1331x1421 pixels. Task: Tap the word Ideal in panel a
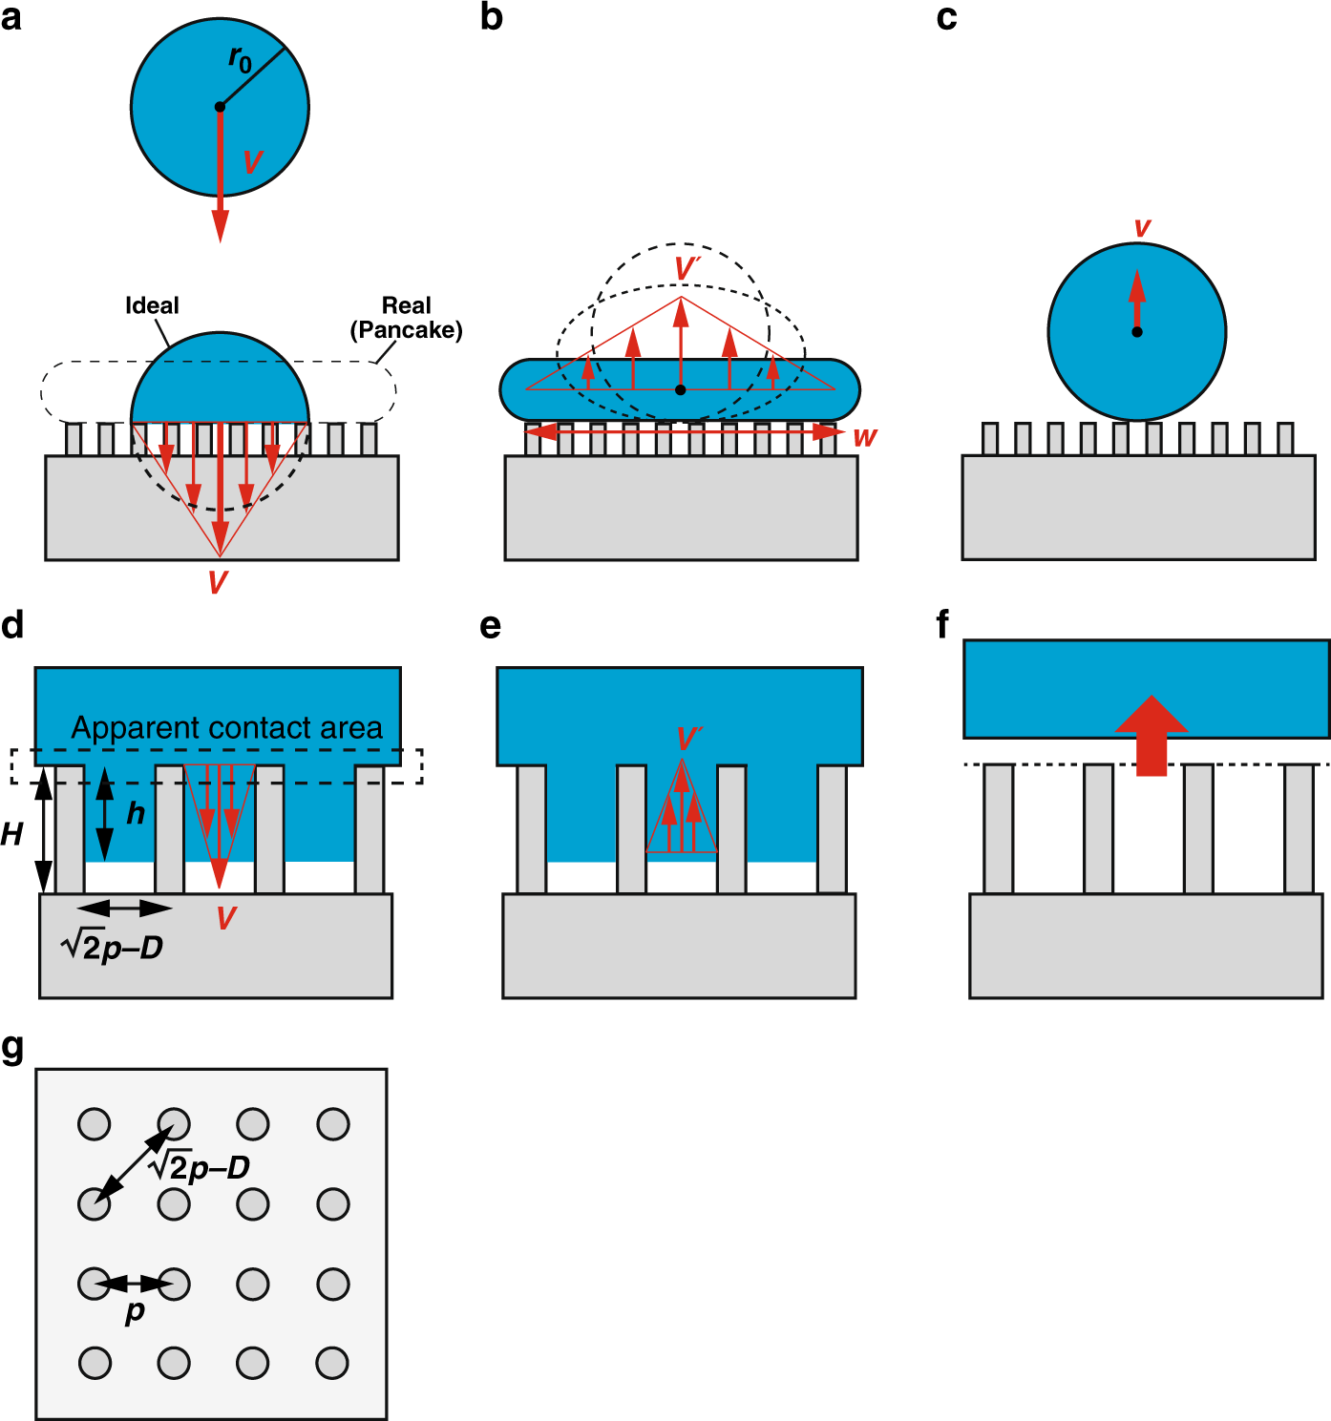(152, 306)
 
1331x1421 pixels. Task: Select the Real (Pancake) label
(406, 318)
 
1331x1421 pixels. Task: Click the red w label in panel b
(864, 437)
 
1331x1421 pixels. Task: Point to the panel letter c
(946, 17)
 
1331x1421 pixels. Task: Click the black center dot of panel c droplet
(1137, 332)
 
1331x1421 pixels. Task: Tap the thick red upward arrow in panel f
(1151, 735)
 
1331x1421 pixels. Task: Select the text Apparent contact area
(226, 728)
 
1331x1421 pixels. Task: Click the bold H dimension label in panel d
(11, 835)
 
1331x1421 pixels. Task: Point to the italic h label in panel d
(136, 814)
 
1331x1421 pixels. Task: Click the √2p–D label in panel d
(112, 946)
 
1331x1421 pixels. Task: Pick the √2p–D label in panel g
(200, 1165)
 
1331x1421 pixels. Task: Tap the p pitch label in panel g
(135, 1312)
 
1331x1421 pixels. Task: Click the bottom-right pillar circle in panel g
(332, 1363)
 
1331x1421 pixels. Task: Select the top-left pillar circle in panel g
(95, 1124)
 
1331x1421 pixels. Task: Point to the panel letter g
(12, 1047)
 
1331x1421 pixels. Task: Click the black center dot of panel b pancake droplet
(680, 389)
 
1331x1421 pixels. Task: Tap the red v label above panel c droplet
(1142, 228)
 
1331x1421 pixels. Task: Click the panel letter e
(490, 626)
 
